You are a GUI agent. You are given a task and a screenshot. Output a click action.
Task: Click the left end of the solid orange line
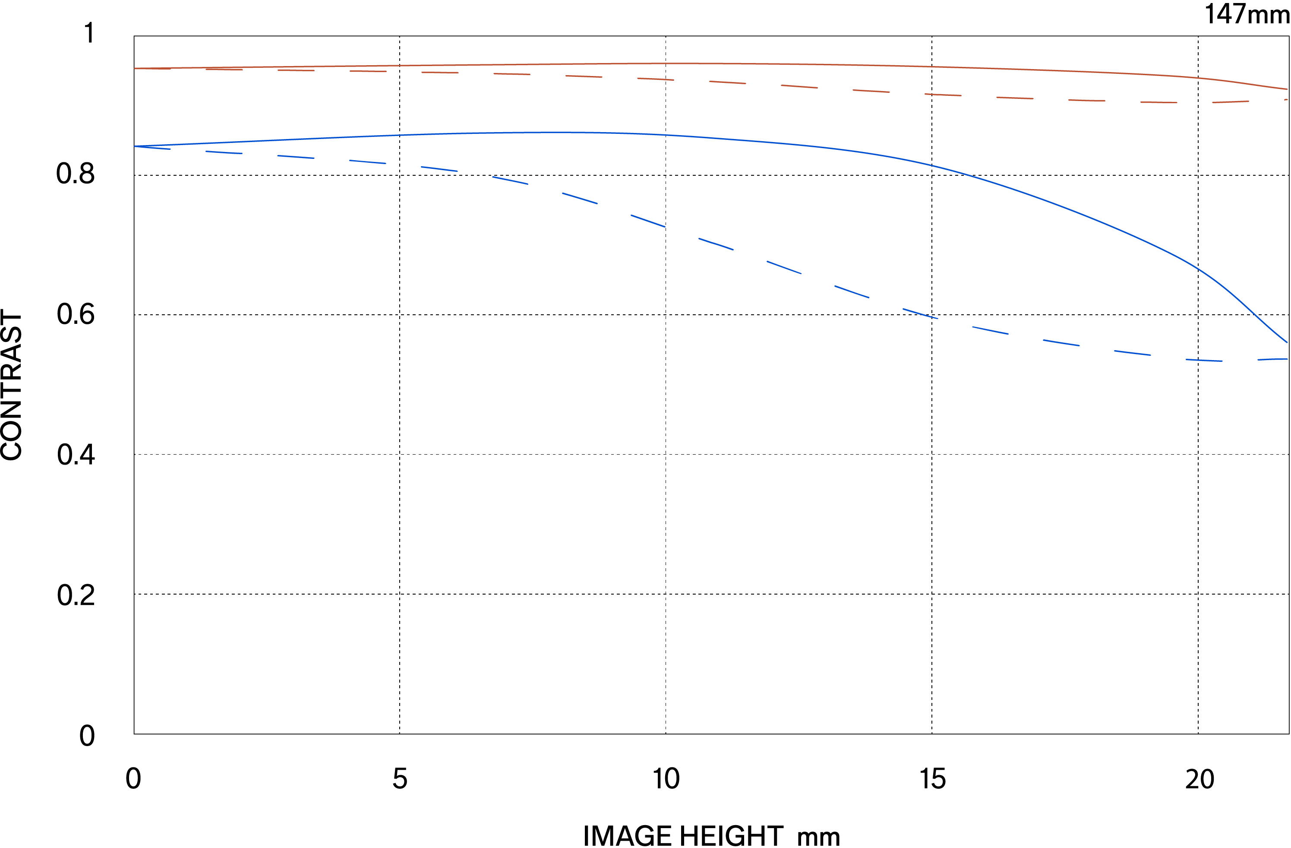pos(135,68)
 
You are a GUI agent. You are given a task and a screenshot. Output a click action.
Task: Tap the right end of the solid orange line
pos(1287,89)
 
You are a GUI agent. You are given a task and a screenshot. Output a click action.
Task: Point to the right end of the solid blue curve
pos(1287,342)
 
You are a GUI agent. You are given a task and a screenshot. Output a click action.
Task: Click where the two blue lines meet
pos(135,146)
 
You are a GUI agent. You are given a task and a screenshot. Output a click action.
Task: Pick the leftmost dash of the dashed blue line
pos(153,148)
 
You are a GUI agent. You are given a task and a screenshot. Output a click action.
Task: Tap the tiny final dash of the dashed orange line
pos(1285,100)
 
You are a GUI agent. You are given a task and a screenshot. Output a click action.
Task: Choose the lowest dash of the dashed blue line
pos(1204,360)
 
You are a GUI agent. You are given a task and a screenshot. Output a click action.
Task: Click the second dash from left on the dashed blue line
pos(224,152)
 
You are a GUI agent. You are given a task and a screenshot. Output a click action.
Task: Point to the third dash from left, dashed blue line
pos(296,157)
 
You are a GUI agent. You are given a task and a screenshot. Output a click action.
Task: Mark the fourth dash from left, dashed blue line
pos(367,161)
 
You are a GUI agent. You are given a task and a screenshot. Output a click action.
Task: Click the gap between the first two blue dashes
pos(188,150)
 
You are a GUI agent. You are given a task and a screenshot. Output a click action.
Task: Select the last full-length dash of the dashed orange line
pos(1231,101)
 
